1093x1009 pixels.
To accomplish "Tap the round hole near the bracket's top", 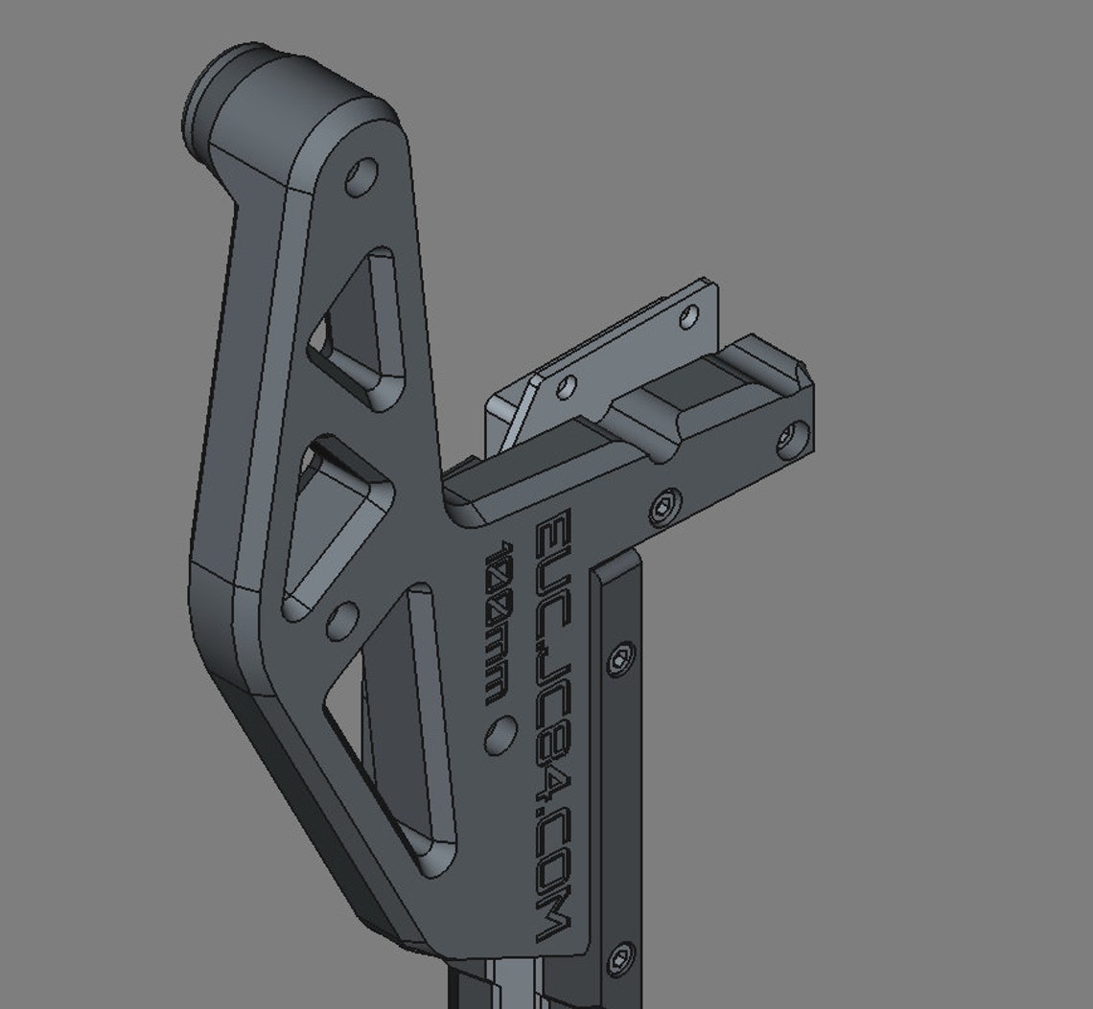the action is [x=361, y=176].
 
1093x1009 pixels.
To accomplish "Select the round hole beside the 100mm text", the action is [x=500, y=734].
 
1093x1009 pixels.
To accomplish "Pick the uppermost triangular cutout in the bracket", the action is [x=356, y=328].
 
